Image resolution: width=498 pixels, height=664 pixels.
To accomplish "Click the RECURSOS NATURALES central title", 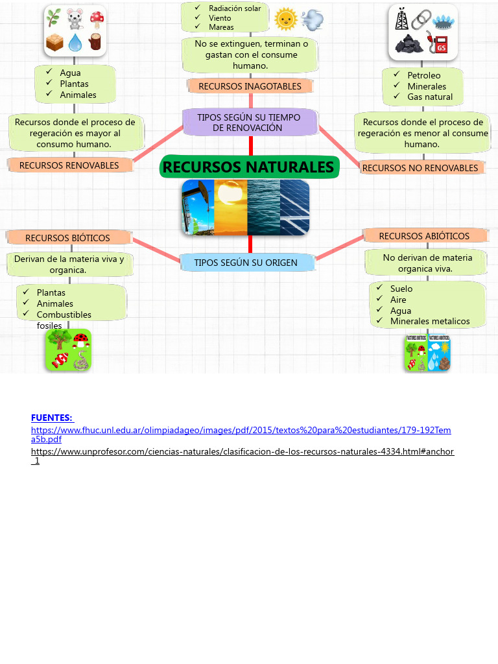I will click(248, 167).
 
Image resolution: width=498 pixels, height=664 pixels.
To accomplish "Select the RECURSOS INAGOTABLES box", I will click(250, 86).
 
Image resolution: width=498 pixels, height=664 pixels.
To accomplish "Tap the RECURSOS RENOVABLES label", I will click(69, 165).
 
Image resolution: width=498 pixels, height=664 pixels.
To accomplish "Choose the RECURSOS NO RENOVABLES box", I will click(420, 168).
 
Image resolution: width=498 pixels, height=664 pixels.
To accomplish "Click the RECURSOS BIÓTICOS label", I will click(68, 238).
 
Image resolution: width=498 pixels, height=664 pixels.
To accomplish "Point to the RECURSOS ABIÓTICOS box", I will click(424, 236).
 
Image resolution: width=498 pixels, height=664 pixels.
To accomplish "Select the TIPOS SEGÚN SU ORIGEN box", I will click(246, 263).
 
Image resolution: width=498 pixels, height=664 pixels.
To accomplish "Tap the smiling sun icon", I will click(285, 19).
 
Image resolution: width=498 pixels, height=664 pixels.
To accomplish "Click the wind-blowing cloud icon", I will click(312, 20).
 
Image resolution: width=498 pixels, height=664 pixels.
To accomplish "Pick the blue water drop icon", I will click(76, 43).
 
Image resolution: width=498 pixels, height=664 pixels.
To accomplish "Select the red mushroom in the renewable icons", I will click(97, 19).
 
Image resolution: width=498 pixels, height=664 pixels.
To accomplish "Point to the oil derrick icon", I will click(402, 19).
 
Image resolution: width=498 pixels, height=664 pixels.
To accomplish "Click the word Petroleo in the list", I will click(423, 75).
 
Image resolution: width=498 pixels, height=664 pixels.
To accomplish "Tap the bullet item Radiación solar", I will click(234, 8).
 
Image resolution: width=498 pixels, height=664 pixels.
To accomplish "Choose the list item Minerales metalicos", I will click(429, 321).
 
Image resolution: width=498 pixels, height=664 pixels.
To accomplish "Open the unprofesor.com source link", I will click(242, 451).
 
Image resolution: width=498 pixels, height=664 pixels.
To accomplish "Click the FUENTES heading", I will click(52, 418).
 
